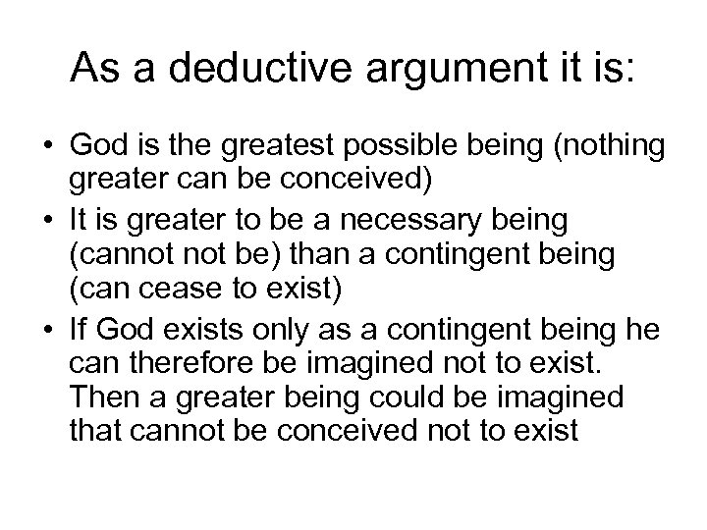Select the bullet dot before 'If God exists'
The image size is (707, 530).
(46, 331)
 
